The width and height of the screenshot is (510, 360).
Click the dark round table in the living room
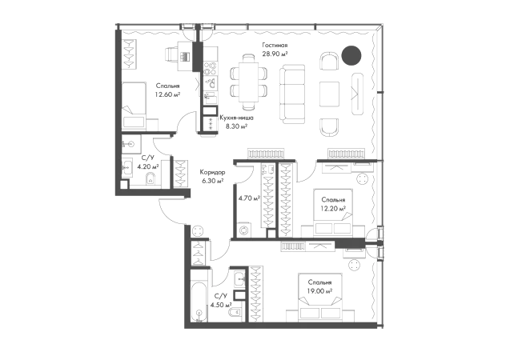coord(350,55)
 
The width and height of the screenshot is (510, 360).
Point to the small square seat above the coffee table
coord(327,61)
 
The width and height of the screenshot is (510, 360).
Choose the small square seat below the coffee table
coord(327,124)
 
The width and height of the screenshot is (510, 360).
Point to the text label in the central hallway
coord(211,175)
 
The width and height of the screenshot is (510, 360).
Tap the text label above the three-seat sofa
coord(275,50)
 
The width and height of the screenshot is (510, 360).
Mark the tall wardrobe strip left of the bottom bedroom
coord(256,293)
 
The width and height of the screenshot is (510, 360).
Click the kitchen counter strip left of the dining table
coord(209,88)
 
